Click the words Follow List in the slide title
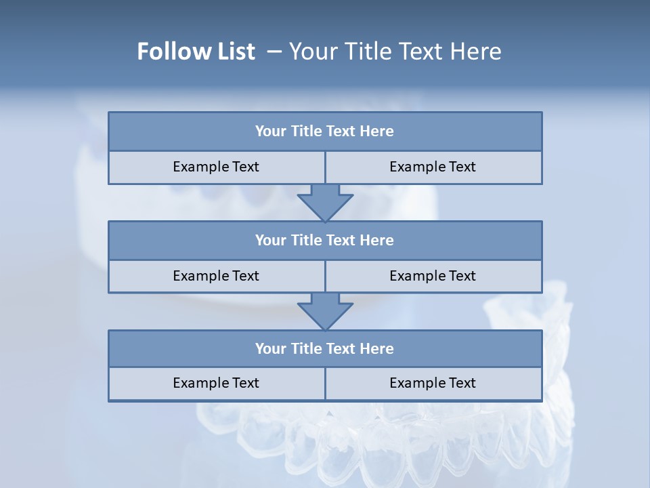(196, 52)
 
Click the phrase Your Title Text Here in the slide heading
(395, 52)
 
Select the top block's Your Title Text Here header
(324, 131)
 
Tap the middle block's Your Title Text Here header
(324, 240)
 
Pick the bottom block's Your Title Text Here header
(324, 348)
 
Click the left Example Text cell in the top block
(216, 167)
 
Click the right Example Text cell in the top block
(433, 167)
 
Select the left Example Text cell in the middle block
(216, 276)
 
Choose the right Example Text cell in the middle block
(433, 276)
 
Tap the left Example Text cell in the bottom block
(216, 383)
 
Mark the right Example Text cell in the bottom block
(433, 383)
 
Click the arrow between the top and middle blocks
(325, 203)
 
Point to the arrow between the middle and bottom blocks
(325, 311)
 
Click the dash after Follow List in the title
(274, 52)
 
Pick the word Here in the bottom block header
(377, 348)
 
